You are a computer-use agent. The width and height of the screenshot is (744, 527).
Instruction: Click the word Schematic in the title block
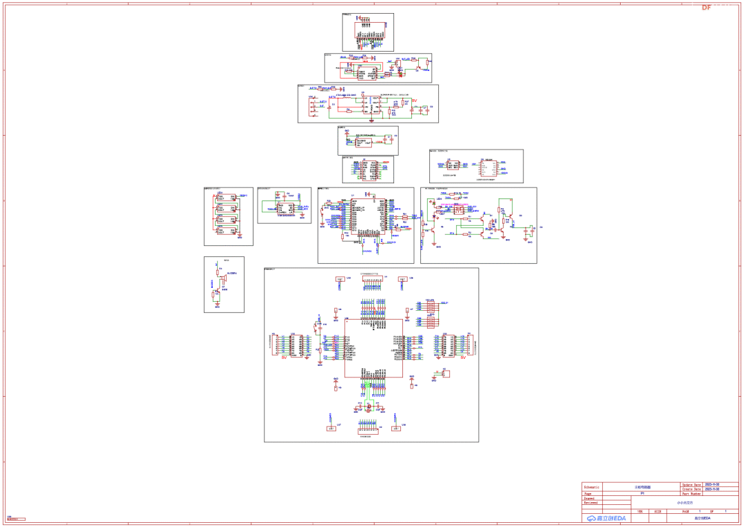point(592,486)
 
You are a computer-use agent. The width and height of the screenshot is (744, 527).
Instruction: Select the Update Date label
point(692,484)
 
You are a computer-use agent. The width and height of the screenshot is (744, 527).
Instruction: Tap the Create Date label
point(692,489)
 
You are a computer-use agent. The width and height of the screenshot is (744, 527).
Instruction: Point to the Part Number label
point(692,494)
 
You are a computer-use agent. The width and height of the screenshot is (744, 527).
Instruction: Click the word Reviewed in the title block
point(590,503)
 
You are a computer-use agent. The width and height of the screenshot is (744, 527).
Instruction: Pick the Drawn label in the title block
point(589,498)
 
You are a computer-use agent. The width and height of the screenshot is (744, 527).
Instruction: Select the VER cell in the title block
point(640,512)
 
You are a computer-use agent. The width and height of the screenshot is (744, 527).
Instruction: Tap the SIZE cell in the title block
point(657,512)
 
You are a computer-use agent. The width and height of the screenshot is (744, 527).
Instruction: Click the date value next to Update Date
point(712,484)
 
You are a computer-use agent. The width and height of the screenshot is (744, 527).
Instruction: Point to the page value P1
point(642,494)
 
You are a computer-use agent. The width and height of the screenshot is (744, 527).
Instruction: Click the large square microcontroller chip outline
point(373,348)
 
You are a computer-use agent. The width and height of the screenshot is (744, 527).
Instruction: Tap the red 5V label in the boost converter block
point(414,101)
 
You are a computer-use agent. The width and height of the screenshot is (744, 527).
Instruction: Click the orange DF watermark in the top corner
point(706,8)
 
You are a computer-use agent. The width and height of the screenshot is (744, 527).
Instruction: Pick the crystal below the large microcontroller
point(369,407)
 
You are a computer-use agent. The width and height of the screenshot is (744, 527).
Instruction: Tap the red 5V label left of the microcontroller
point(284,358)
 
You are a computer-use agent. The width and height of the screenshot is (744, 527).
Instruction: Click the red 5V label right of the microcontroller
point(463,358)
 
